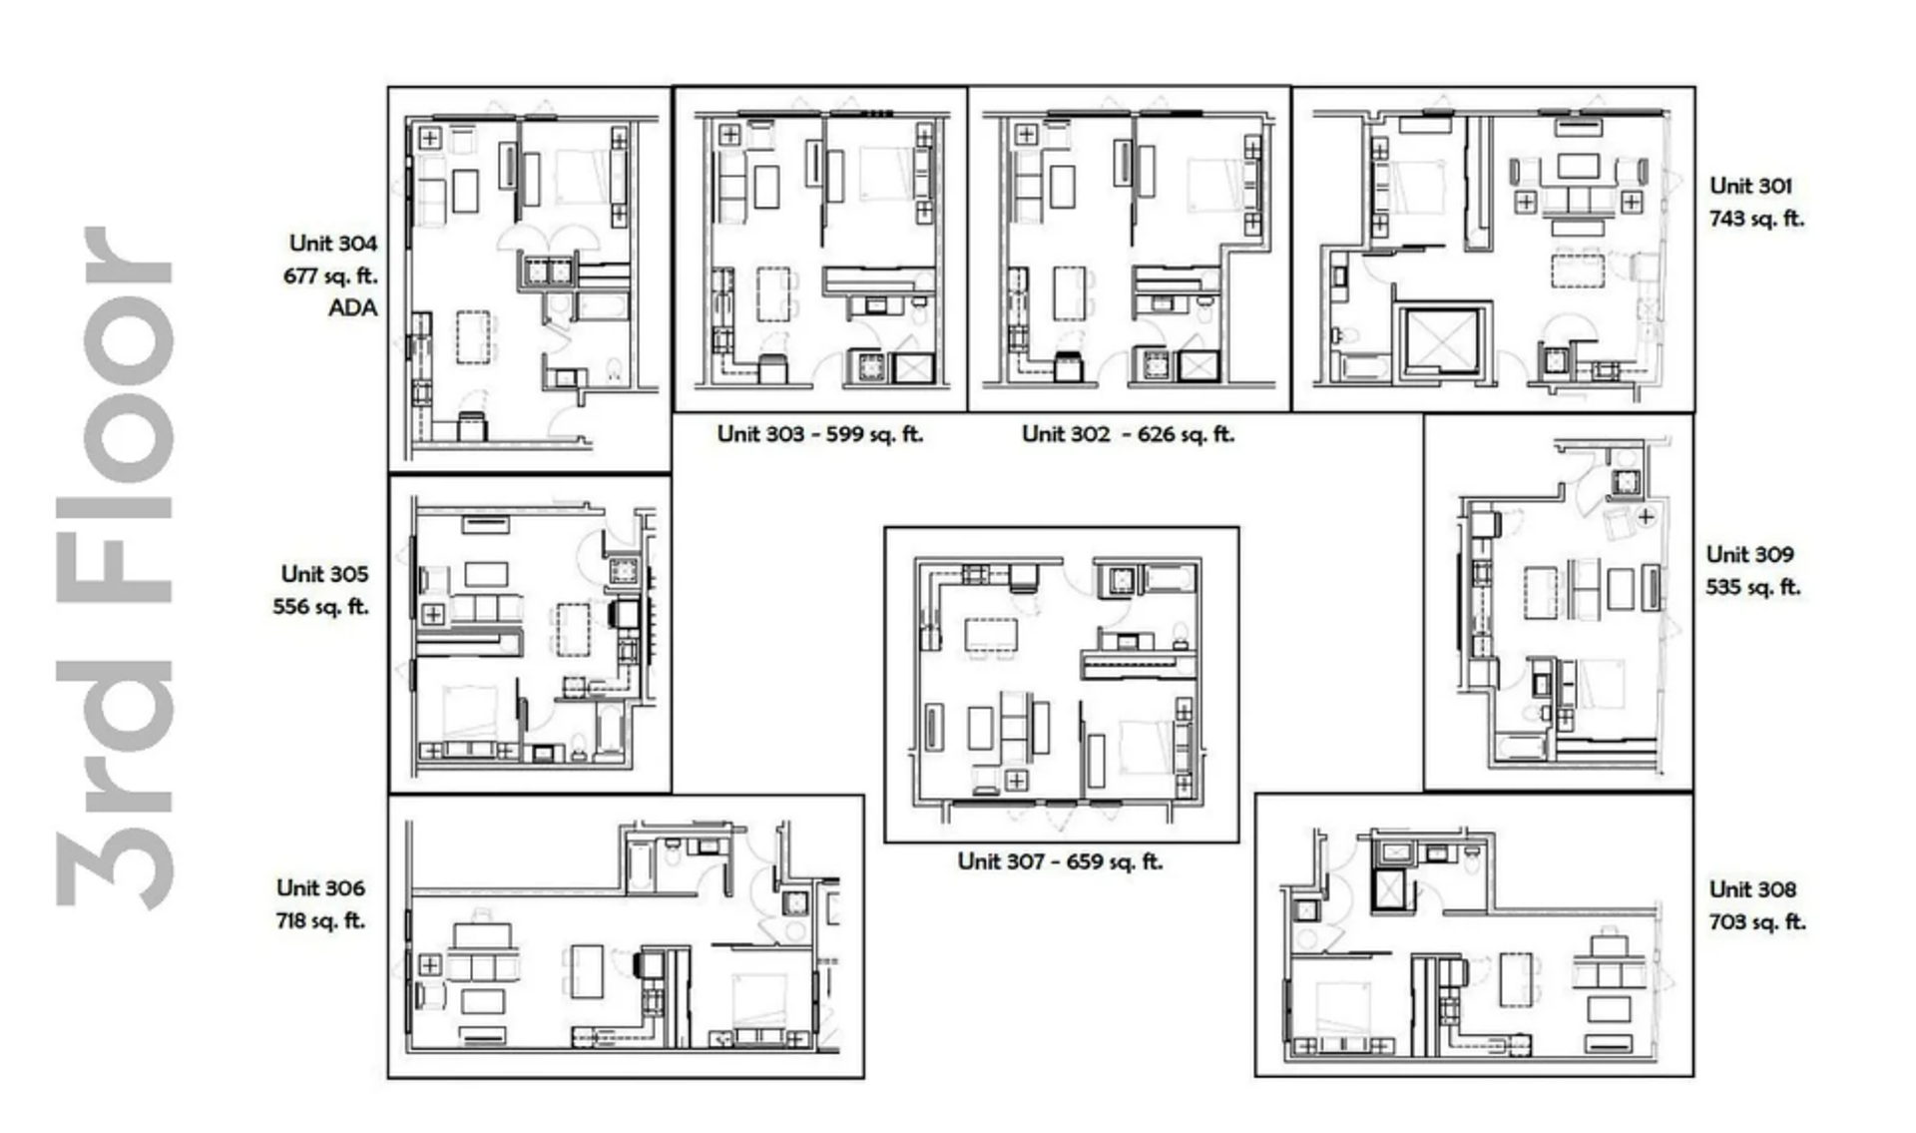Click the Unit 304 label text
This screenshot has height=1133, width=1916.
pos(333,244)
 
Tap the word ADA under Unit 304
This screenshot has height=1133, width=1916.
pos(353,308)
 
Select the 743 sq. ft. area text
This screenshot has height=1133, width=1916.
pos(1757,219)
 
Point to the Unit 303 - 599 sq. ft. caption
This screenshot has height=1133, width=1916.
pos(820,434)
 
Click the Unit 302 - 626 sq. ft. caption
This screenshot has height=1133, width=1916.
pos(1128,434)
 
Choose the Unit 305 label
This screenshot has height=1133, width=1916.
pos(324,574)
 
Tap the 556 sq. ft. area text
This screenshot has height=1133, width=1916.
pos(321,607)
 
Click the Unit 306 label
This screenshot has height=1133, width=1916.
pos(320,888)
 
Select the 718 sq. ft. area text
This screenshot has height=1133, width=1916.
pos(320,921)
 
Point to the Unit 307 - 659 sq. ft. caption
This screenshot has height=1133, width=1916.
pos(1061,861)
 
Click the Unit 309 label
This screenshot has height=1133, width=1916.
pos(1749,555)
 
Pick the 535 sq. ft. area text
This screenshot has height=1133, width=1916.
pos(1753,587)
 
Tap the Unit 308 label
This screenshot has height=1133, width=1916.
pos(1752,889)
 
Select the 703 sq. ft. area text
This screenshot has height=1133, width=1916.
pos(1757,922)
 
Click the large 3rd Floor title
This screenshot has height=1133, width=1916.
pos(115,567)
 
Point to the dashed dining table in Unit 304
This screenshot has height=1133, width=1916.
pos(473,336)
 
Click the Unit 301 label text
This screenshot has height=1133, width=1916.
pos(1750,187)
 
